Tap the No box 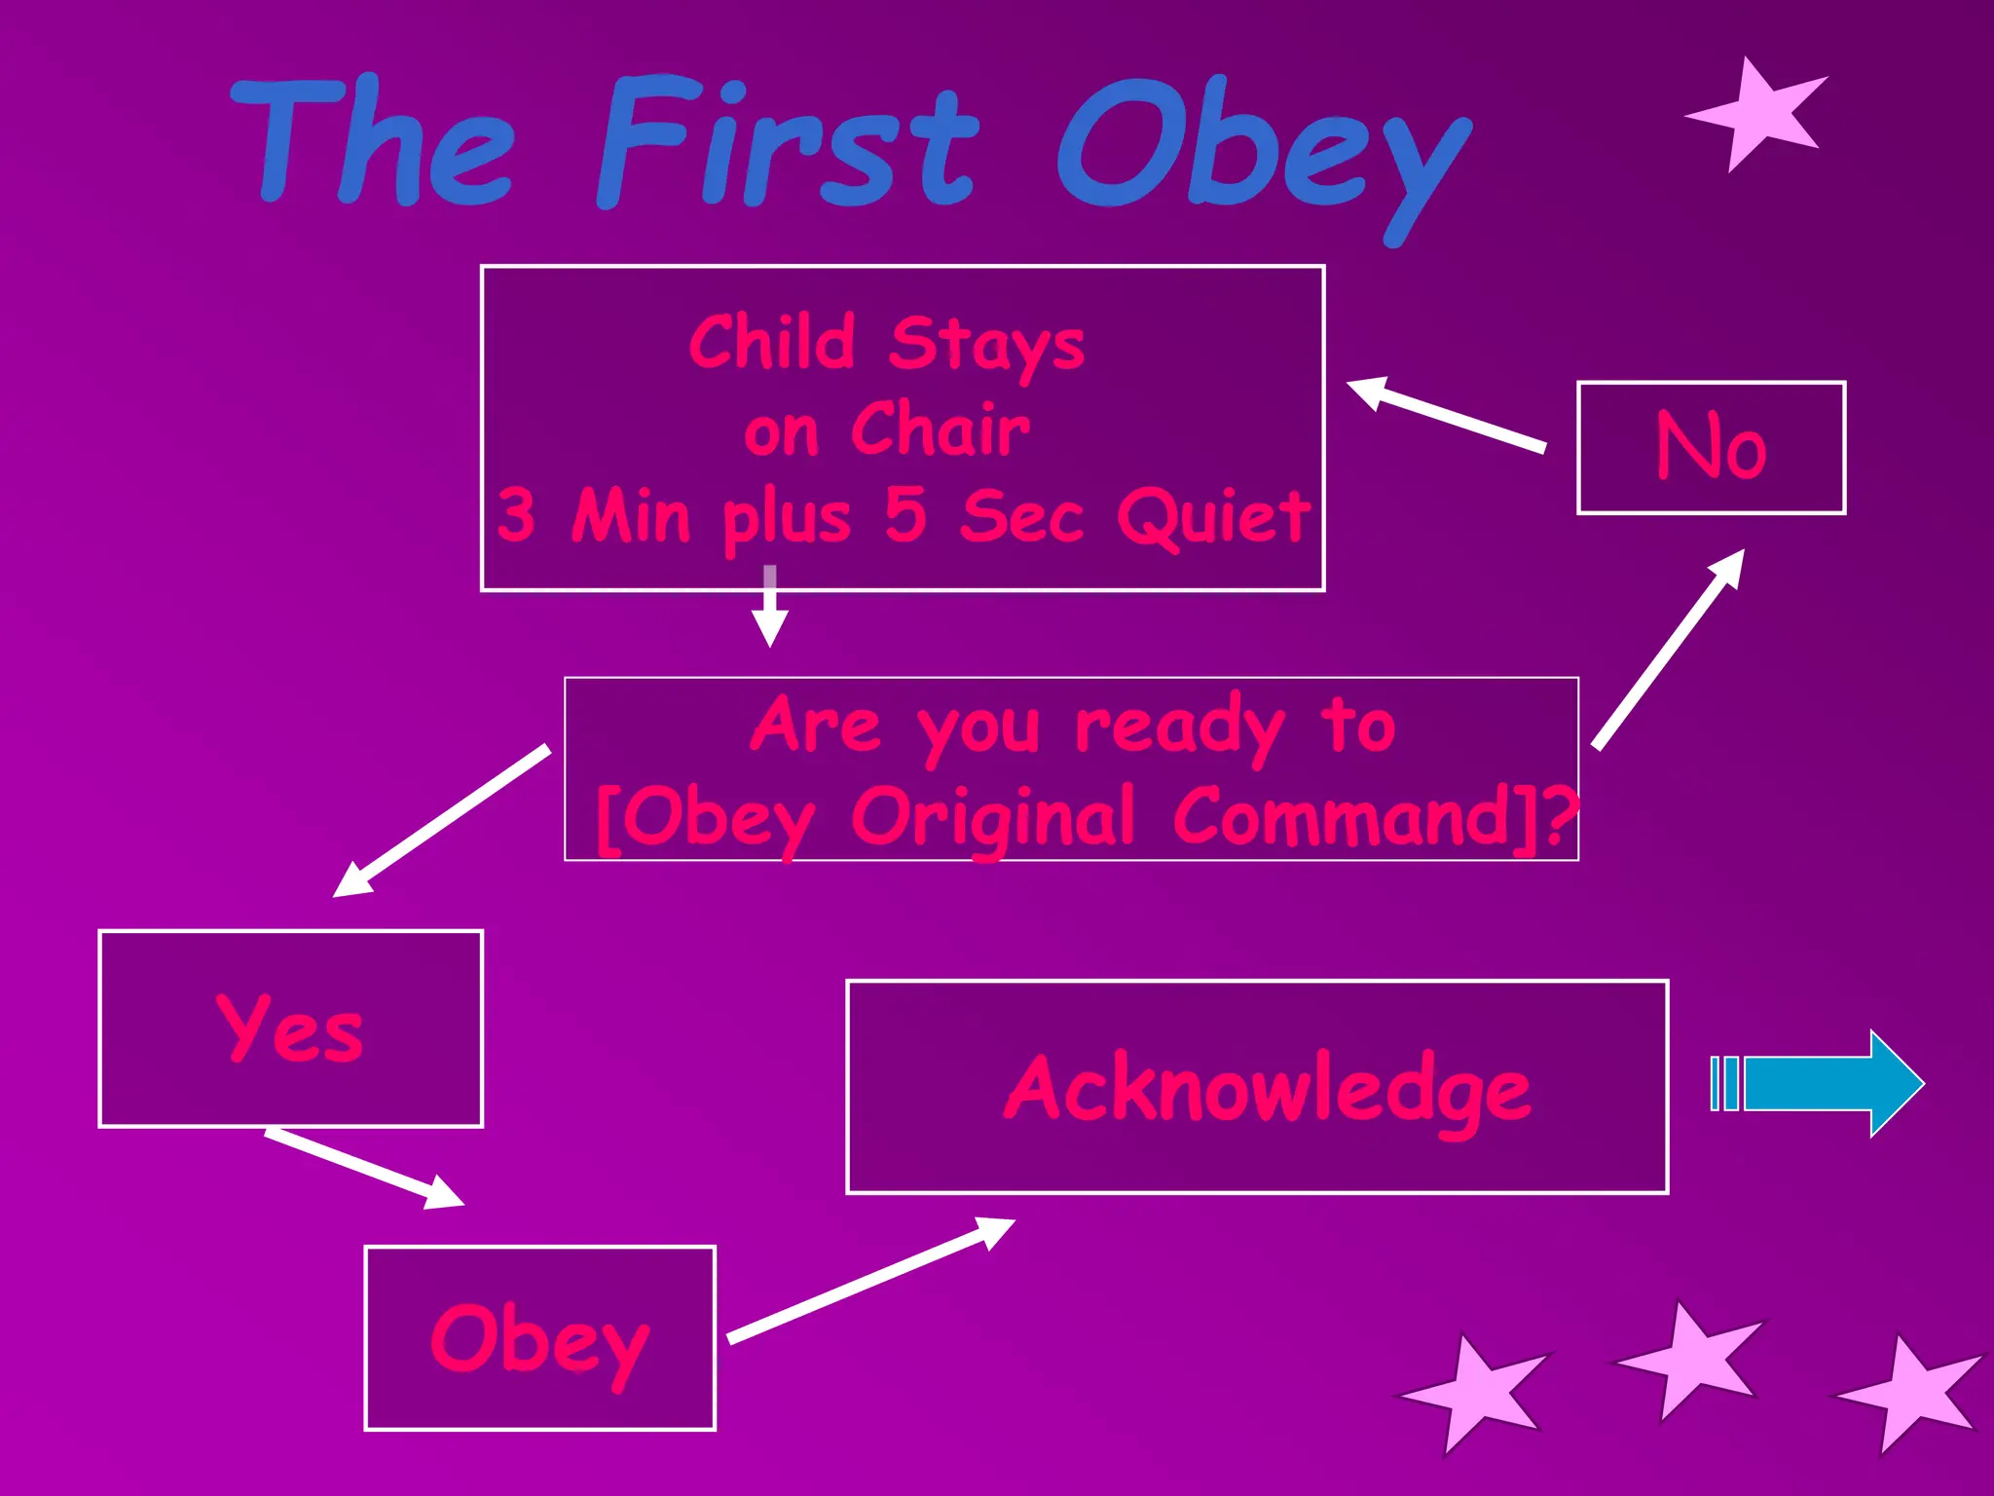pyautogui.click(x=1711, y=448)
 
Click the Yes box pyautogui.click(x=290, y=1028)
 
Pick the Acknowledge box pyautogui.click(x=1256, y=1087)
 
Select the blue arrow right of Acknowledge pyautogui.click(x=1817, y=1083)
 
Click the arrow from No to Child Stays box pyautogui.click(x=1445, y=415)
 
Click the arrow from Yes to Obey pyautogui.click(x=364, y=1168)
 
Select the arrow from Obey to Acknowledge pyautogui.click(x=870, y=1281)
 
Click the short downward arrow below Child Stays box pyautogui.click(x=770, y=606)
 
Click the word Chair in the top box pyautogui.click(x=939, y=430)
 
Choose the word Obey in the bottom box pyautogui.click(x=539, y=1340)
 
